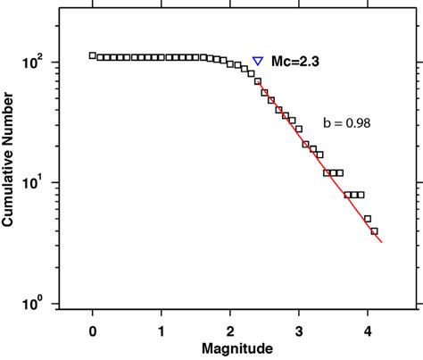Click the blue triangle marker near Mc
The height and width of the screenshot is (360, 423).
pos(258,62)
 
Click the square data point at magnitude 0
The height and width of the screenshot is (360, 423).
pos(93,55)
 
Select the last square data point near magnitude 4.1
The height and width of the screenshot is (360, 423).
pos(374,231)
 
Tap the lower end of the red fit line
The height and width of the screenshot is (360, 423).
pos(382,242)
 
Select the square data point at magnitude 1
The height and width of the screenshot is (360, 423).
pos(162,57)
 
